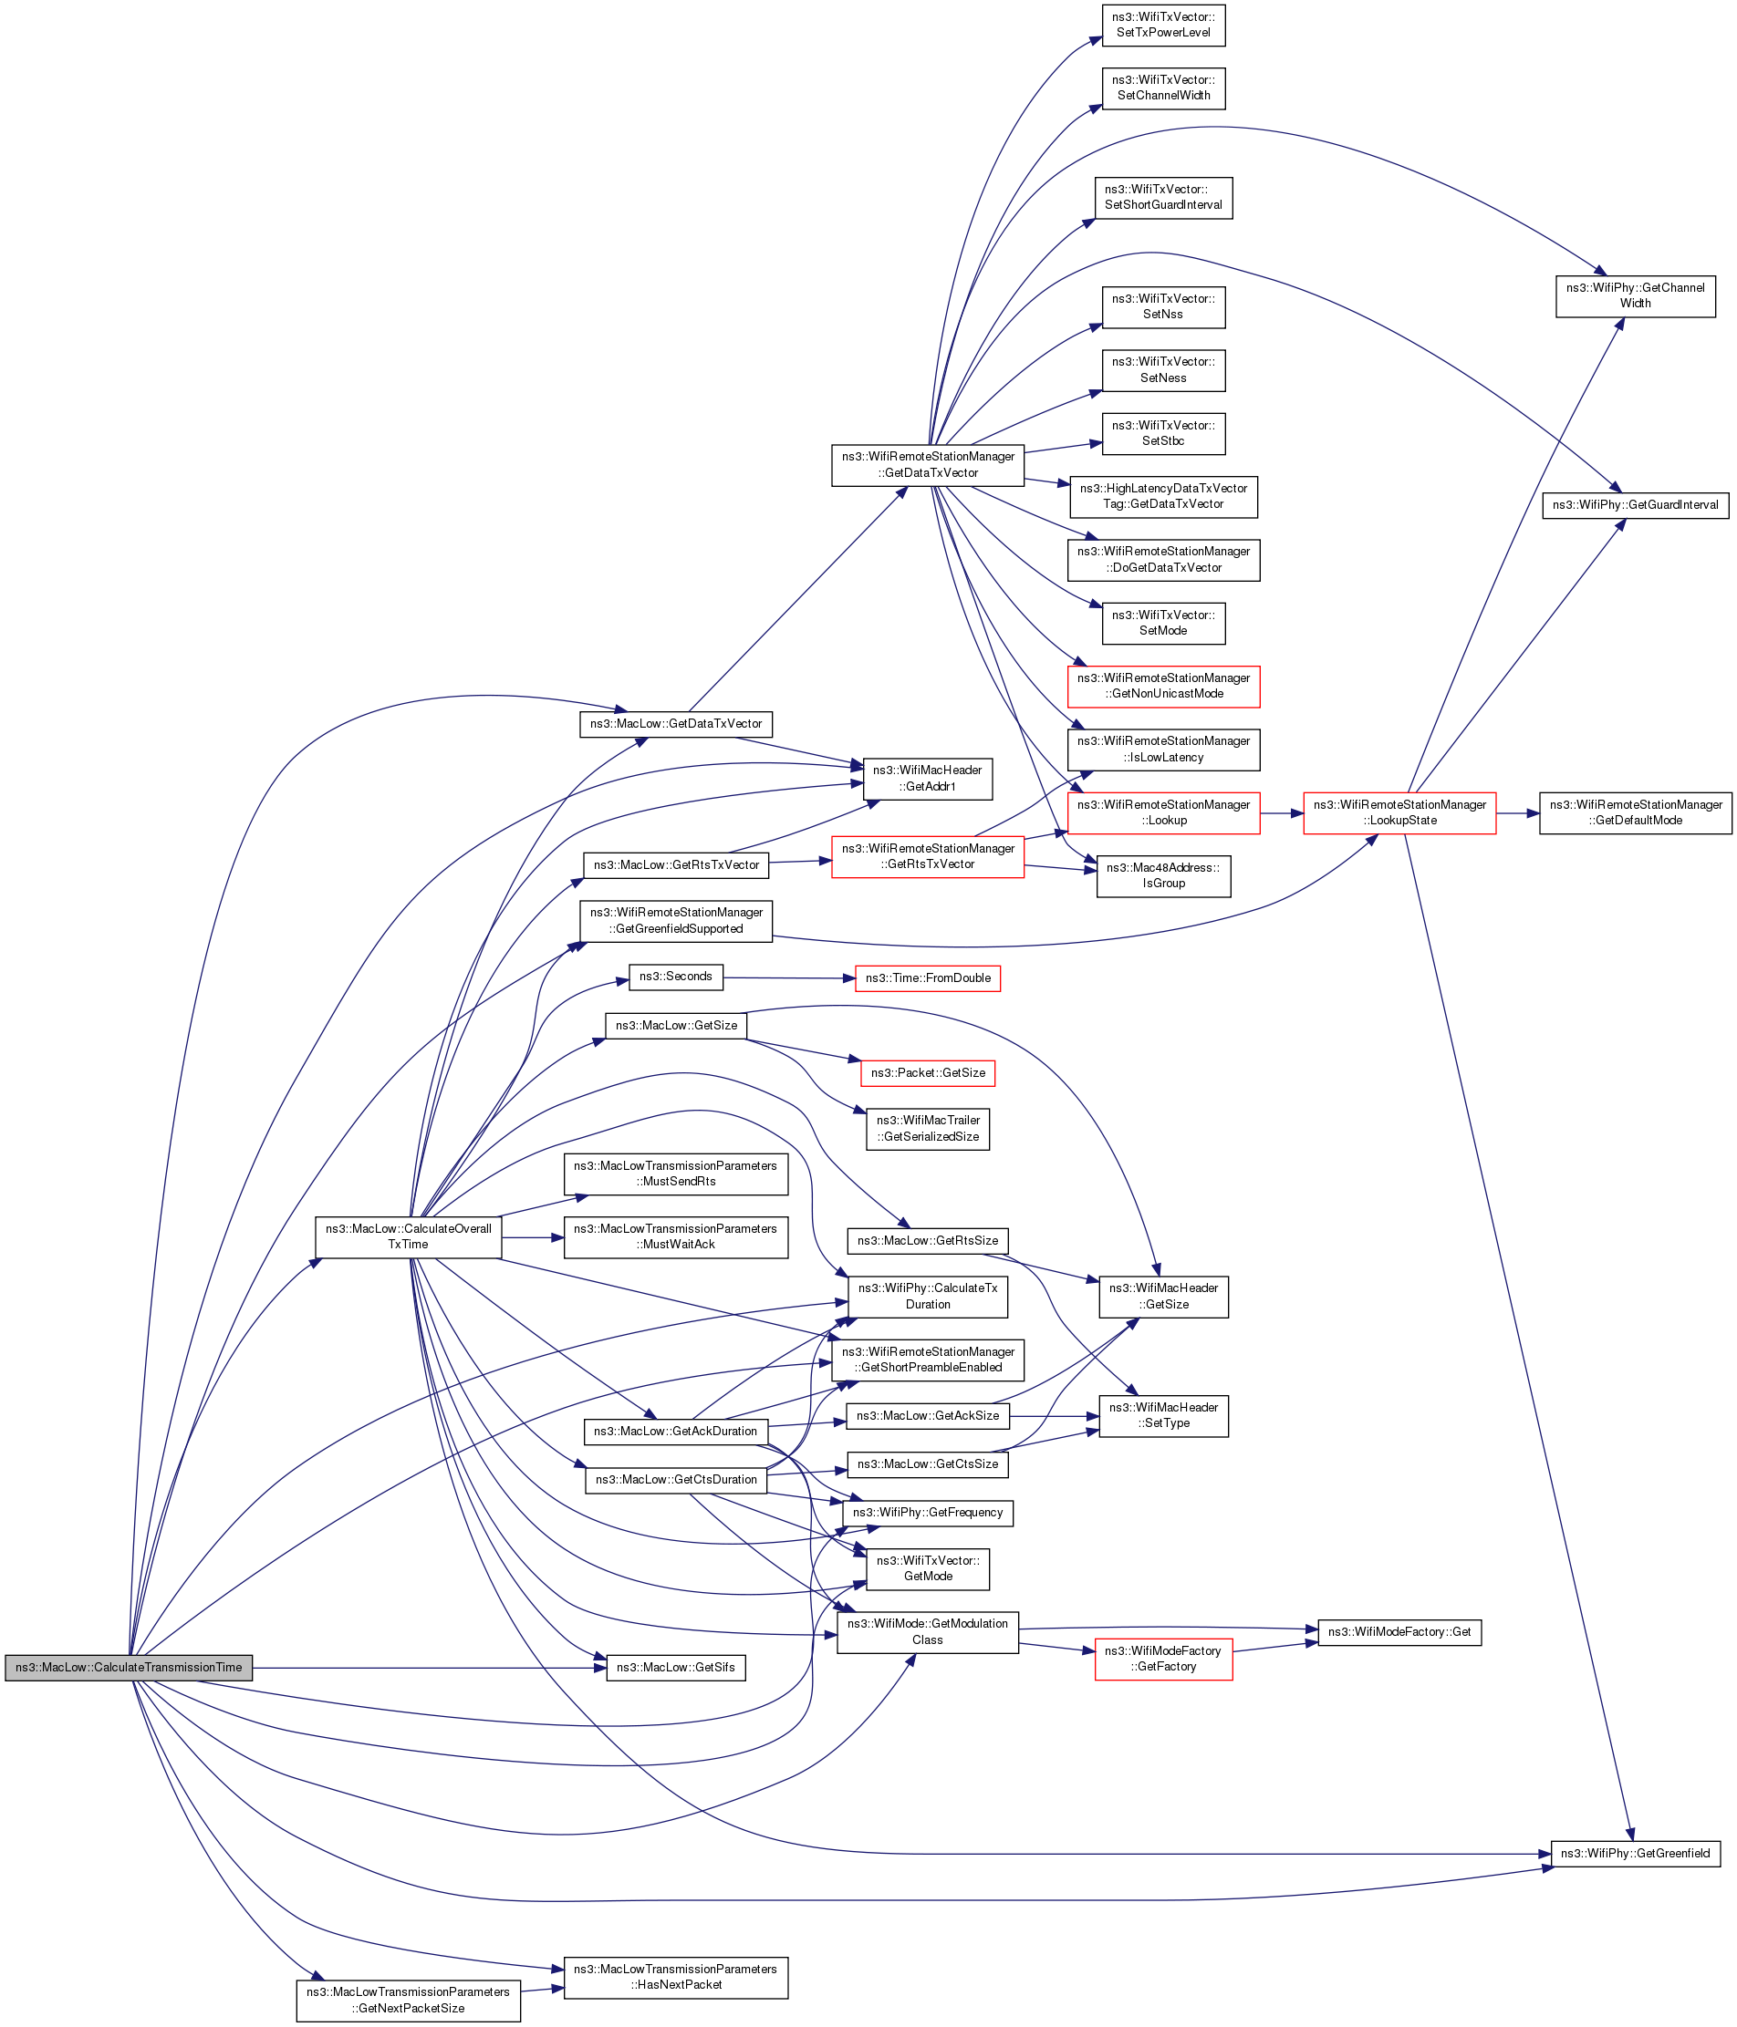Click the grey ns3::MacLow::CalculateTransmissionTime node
coord(129,1667)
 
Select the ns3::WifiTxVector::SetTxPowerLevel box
coord(1162,25)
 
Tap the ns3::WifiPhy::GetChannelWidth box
coord(1634,295)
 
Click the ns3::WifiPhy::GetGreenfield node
coord(1634,1853)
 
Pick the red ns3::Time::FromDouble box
coord(927,977)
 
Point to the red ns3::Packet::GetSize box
coord(928,1072)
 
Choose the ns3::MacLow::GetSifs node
coord(675,1667)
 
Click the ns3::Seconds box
coord(675,977)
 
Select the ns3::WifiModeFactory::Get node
coord(1399,1632)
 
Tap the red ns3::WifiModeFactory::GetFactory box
coord(1162,1659)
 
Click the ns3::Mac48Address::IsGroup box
coord(1162,875)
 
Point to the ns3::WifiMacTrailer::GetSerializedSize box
coord(927,1128)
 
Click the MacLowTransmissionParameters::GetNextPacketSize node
coord(408,2000)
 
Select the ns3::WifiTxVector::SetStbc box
coord(1162,433)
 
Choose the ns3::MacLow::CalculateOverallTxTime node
coord(408,1236)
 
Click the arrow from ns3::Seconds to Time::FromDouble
coord(788,977)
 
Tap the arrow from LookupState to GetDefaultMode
coord(1517,813)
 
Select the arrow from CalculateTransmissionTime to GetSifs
coord(431,1668)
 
